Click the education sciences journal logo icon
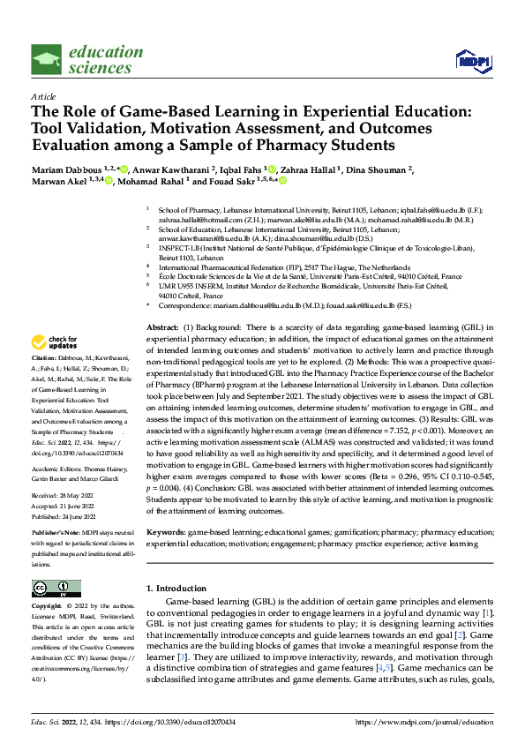click(x=47, y=60)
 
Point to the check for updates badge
click(x=54, y=342)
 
